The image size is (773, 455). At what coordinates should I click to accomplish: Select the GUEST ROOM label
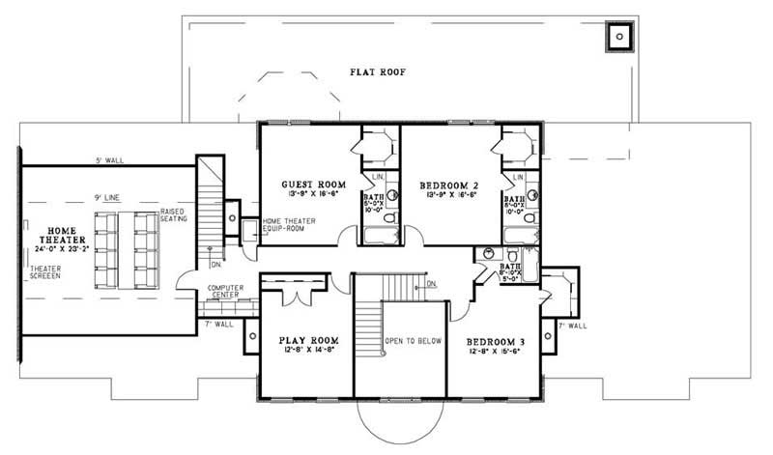point(307,185)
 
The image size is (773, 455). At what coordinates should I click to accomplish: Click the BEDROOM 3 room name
point(497,343)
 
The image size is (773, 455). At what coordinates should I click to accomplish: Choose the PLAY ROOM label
point(307,341)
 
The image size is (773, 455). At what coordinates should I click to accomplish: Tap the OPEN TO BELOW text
point(414,341)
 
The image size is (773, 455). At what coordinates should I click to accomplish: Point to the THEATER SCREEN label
point(44,271)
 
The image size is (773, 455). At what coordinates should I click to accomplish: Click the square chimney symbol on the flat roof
point(617,37)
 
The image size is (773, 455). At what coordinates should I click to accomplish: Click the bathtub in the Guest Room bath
point(376,235)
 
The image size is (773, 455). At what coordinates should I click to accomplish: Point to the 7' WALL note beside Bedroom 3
point(572,326)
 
